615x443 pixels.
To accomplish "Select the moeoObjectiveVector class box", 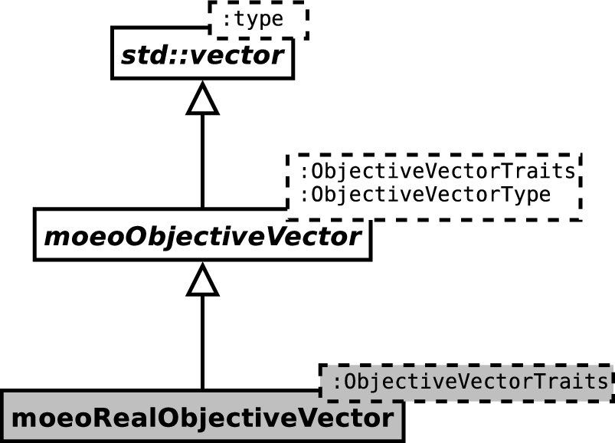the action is (202, 235).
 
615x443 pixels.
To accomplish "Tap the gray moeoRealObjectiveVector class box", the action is (202, 417).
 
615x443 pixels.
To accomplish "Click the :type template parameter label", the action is (253, 19).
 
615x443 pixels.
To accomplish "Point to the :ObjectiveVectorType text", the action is (426, 194).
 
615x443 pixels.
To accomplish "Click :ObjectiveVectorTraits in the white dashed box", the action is (438, 171).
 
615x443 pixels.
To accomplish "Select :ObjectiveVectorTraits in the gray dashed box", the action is (470, 382).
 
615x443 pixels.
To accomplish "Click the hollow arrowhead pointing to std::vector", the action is (202, 98).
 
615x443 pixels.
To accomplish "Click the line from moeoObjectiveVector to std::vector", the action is (202, 161).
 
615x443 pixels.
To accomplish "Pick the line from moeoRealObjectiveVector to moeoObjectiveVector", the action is (202, 342).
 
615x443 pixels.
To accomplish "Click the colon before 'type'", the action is (226, 20).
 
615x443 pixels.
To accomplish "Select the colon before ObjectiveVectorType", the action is (304, 195).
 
